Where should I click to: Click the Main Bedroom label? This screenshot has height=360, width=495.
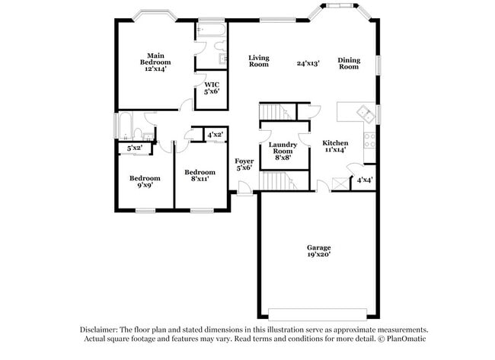(x=155, y=62)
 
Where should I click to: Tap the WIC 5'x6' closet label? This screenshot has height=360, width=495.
(x=212, y=88)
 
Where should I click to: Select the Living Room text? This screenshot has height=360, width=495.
(x=259, y=61)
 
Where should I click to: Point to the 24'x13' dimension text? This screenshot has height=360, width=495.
(x=308, y=63)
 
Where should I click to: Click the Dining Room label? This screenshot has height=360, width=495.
(x=349, y=63)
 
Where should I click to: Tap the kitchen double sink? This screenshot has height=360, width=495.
(x=366, y=114)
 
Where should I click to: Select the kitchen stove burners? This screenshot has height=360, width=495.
(x=369, y=141)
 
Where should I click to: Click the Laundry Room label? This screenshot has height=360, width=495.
(x=283, y=151)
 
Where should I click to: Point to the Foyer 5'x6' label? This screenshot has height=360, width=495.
(x=244, y=164)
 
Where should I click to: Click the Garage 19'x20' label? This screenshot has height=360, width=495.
(x=319, y=251)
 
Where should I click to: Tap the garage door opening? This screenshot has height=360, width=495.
(x=318, y=314)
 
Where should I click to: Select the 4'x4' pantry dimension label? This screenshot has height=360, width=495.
(x=365, y=180)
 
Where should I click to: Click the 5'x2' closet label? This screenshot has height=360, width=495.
(x=135, y=148)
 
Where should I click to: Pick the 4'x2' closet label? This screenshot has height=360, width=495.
(x=216, y=135)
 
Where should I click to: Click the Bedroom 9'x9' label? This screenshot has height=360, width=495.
(x=145, y=181)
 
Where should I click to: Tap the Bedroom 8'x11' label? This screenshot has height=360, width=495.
(x=200, y=175)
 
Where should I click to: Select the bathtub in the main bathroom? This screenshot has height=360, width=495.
(x=211, y=30)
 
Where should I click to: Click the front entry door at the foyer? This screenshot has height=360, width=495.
(x=245, y=189)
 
